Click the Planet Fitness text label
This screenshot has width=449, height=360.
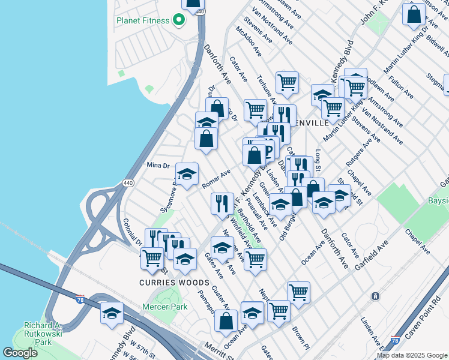142,20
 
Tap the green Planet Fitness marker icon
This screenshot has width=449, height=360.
178,20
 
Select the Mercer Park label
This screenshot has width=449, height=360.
164,307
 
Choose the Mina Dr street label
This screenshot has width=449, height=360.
159,164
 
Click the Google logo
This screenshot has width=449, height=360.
20,353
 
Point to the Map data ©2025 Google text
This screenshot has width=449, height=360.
411,355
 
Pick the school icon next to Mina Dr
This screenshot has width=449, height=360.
187,174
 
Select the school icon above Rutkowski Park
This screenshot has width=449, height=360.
112,313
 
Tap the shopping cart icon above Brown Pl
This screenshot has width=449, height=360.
298,292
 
